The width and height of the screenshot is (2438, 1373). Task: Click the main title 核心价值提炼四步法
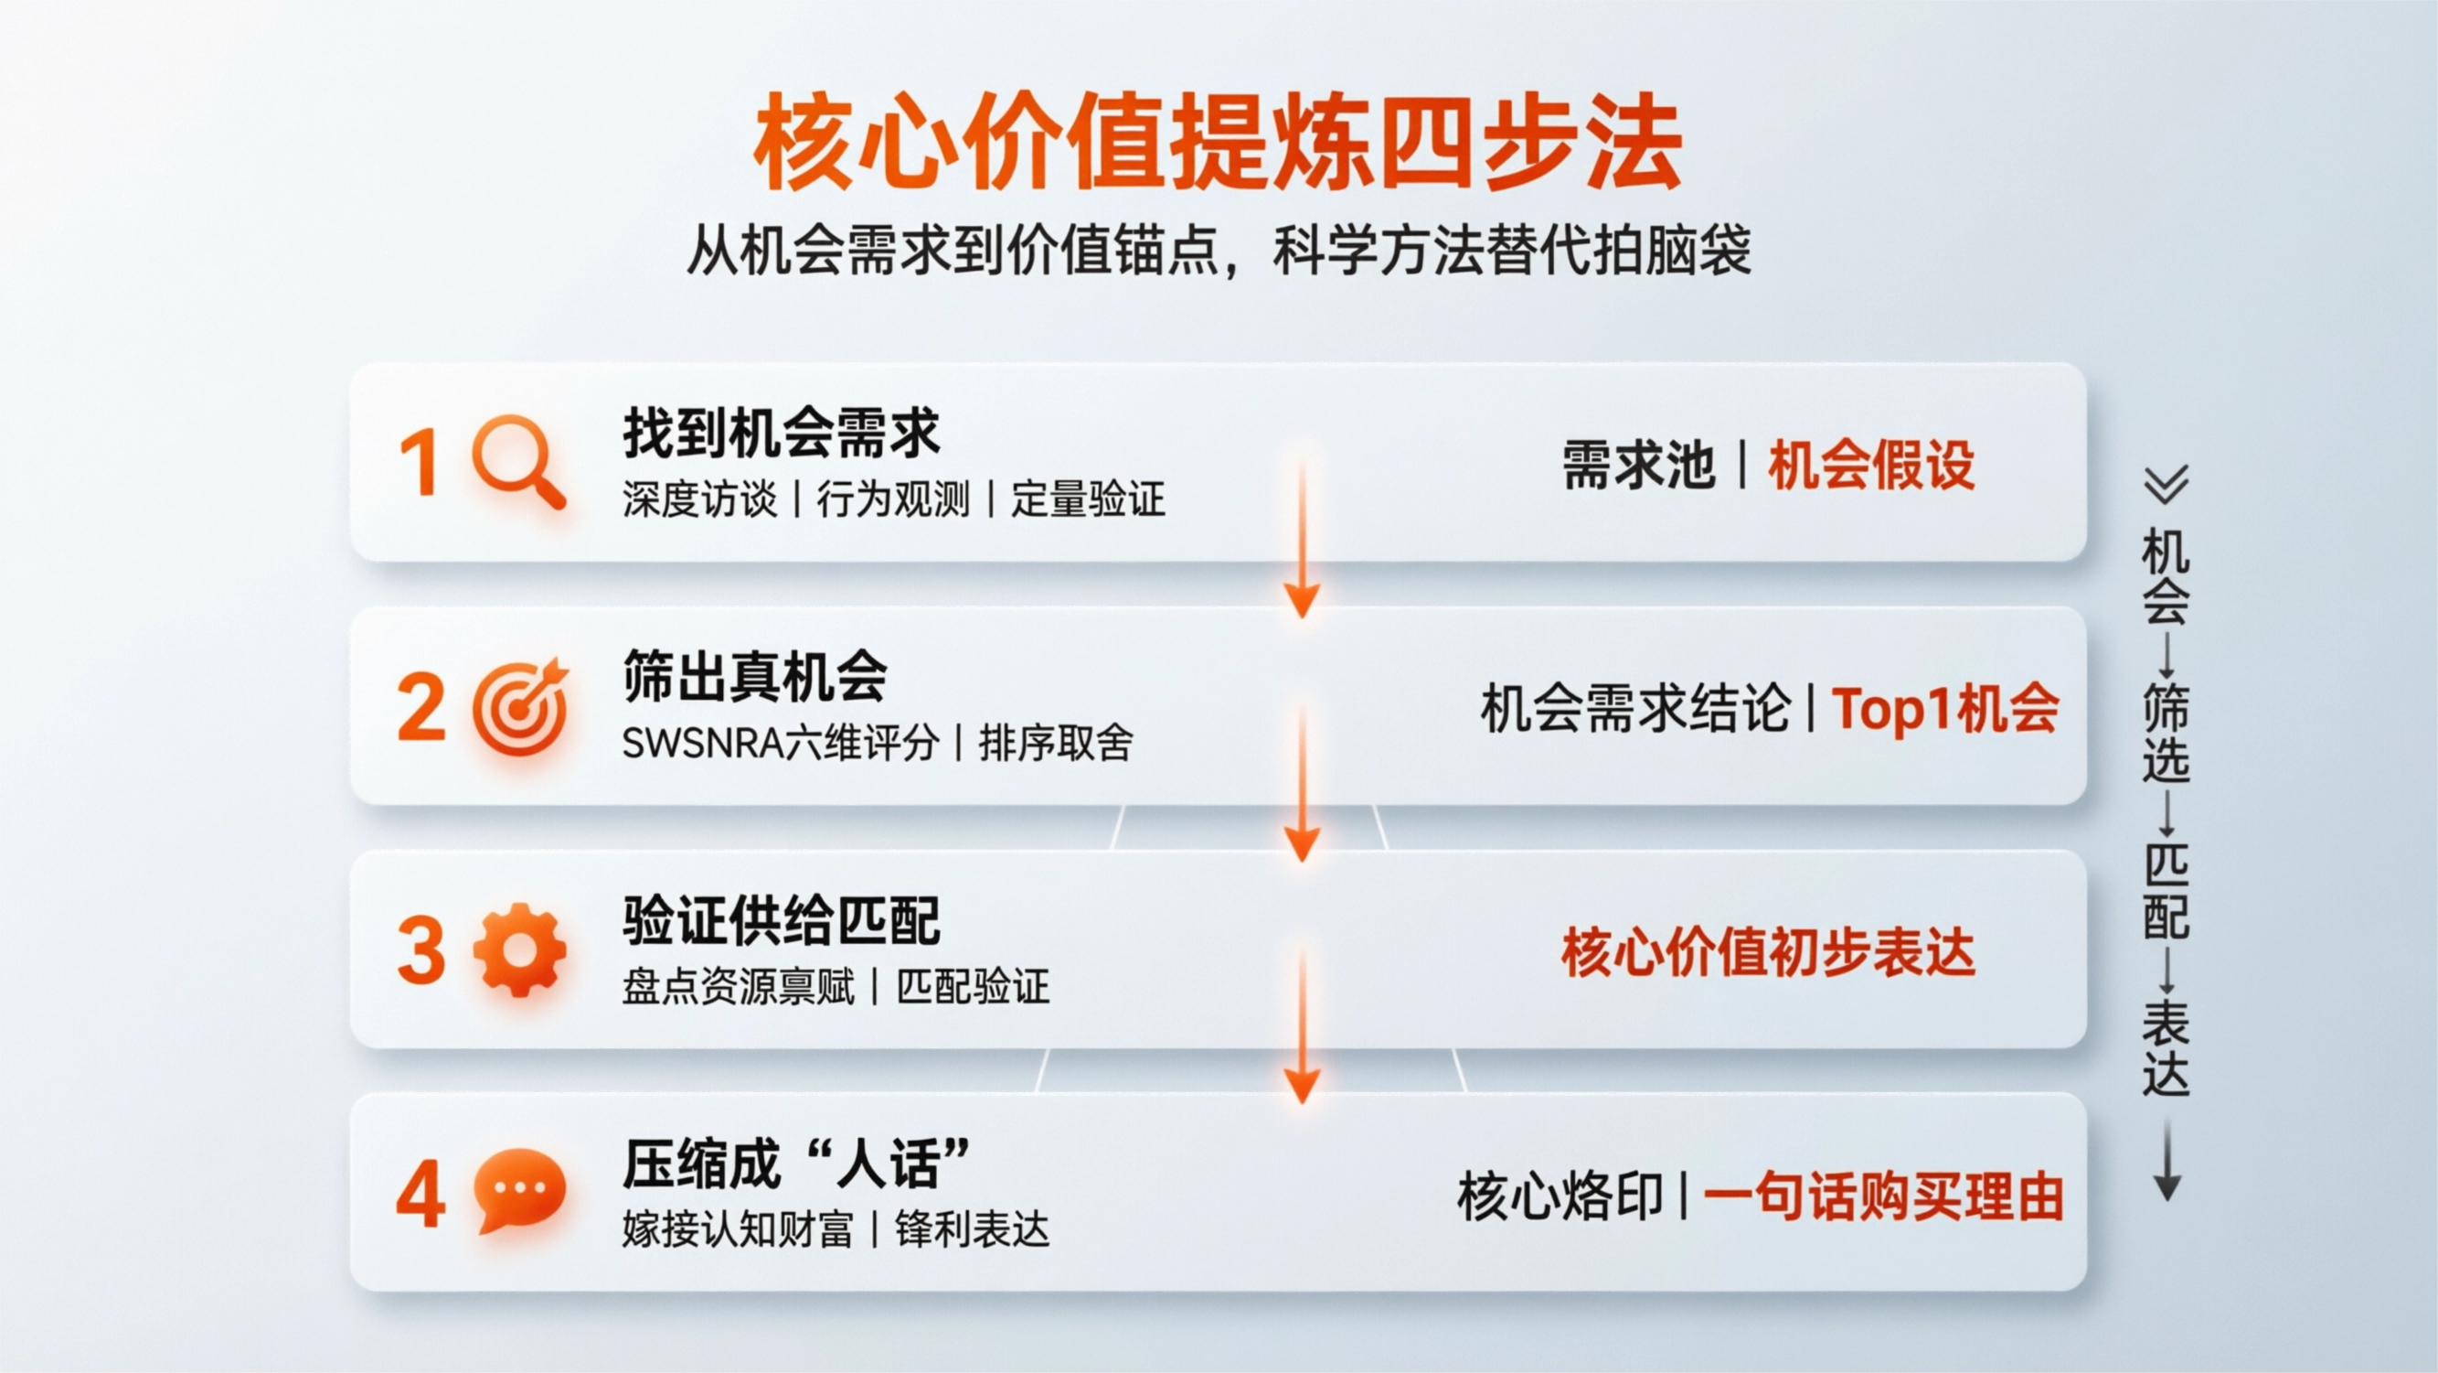(x=1217, y=141)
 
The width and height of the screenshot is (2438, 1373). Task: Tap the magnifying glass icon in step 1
(x=517, y=461)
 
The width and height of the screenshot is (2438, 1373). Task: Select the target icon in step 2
(x=519, y=706)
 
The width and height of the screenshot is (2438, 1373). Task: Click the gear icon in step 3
(x=519, y=949)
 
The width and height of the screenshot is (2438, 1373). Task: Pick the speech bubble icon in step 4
(x=519, y=1190)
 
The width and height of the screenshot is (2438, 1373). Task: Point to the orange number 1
(x=420, y=463)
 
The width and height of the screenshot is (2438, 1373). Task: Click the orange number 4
(x=421, y=1194)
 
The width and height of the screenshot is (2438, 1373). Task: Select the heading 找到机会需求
(x=781, y=433)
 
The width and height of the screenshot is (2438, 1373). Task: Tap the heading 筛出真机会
(x=754, y=676)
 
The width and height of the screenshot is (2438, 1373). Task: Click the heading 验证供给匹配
(x=781, y=920)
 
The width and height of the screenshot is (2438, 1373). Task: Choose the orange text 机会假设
(x=1871, y=465)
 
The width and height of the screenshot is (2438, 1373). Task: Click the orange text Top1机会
(x=1945, y=708)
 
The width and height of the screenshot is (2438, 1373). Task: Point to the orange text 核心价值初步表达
(x=1768, y=952)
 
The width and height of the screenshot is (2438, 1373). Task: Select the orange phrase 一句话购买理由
(x=1883, y=1196)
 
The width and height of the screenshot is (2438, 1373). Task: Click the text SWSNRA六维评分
(x=780, y=744)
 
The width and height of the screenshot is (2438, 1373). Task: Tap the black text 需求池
(x=1637, y=465)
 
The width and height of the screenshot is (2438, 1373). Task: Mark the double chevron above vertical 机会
(x=2167, y=484)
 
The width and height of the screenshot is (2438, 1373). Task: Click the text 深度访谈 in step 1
(x=699, y=499)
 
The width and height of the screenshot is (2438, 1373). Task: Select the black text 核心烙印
(x=1560, y=1196)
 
